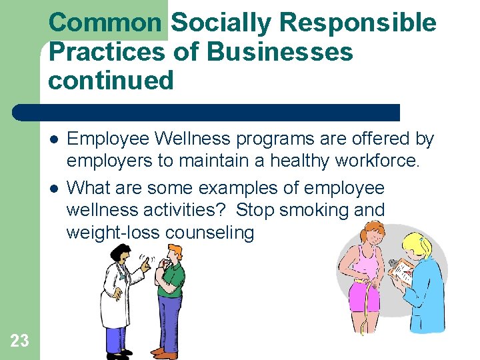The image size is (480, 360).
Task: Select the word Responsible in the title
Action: click(358, 23)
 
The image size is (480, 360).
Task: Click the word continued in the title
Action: click(110, 80)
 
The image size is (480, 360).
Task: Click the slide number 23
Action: click(20, 341)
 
